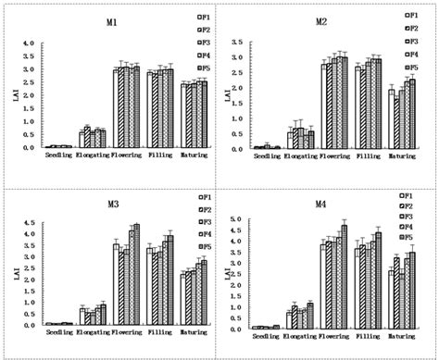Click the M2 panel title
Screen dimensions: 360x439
(x=320, y=21)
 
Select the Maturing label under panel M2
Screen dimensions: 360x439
(x=401, y=155)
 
